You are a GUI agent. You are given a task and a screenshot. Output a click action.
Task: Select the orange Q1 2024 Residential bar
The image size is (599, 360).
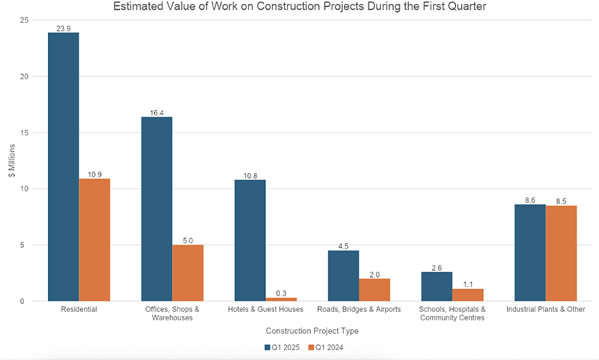pos(94,240)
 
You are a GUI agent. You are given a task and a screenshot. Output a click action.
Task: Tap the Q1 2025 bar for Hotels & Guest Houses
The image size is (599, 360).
pos(250,240)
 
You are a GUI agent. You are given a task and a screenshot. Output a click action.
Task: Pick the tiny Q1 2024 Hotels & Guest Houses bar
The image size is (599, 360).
pos(282,299)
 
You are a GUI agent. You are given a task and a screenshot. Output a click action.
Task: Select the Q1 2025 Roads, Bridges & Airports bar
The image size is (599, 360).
pos(344,275)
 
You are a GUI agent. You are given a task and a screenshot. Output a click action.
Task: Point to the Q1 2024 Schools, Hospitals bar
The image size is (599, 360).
pos(468,295)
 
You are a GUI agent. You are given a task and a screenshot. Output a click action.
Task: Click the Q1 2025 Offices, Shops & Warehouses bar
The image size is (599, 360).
pos(156,209)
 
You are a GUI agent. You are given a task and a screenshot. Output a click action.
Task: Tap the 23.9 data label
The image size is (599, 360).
pos(64,28)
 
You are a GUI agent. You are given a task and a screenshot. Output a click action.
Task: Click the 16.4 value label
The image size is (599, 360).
pos(156,112)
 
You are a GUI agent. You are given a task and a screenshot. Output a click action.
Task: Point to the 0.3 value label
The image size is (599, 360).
pos(282,293)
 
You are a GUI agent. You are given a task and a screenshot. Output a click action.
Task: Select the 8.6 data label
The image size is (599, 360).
pos(530,200)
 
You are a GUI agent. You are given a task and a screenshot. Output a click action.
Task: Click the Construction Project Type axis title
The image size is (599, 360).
pos(312,332)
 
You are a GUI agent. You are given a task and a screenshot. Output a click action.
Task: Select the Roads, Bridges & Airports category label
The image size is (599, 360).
pos(359,309)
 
